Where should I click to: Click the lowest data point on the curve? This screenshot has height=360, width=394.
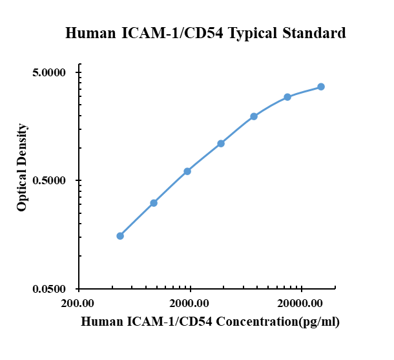tap(120, 236)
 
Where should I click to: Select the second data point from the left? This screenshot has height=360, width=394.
tap(154, 203)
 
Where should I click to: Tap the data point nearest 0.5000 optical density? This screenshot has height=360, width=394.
tap(187, 171)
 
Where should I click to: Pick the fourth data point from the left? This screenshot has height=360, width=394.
tap(221, 143)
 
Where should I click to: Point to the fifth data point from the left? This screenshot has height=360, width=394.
tap(254, 116)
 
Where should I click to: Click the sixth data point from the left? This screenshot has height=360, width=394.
tap(287, 97)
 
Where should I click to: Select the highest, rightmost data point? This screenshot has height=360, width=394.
tap(321, 87)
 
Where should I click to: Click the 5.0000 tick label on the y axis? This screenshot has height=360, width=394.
tap(48, 72)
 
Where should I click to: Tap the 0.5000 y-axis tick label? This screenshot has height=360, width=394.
tap(48, 180)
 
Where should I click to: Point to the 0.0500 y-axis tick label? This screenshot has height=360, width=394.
tap(48, 289)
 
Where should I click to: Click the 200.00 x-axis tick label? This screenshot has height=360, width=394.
tap(79, 302)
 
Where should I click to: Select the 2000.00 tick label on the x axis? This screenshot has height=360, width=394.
tap(191, 302)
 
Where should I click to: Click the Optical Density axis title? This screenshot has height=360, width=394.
tap(23, 167)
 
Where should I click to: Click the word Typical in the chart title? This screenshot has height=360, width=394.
tap(254, 33)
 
